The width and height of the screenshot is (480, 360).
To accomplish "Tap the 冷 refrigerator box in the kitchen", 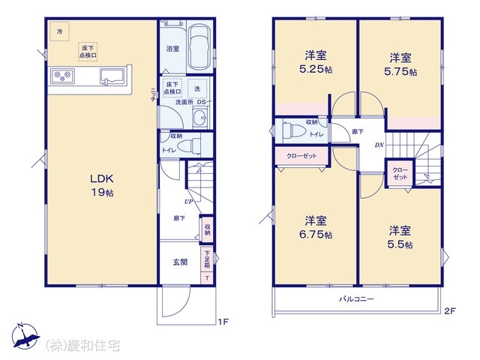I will tap(58, 32).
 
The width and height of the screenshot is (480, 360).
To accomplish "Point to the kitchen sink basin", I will tap(112, 76).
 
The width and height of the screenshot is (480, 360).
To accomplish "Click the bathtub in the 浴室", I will tap(199, 46).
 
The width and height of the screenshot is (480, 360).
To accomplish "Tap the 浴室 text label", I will tap(172, 49).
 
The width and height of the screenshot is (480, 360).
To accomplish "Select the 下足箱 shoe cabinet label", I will tap(207, 261).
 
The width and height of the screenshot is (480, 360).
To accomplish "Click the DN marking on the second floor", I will tap(379, 145).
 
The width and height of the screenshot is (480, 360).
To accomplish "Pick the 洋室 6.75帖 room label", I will tap(315, 227).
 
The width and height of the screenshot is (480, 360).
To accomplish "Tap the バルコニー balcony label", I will tap(355, 298).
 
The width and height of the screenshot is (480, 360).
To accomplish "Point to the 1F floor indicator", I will tap(222, 322).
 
